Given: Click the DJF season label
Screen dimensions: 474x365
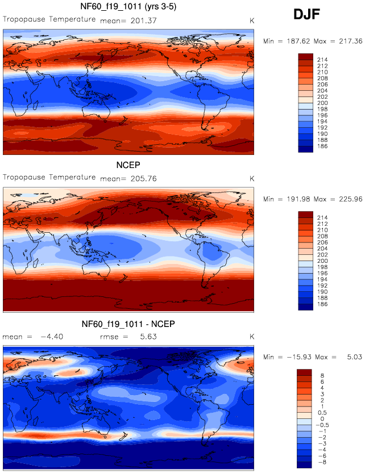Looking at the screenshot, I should click(x=308, y=15).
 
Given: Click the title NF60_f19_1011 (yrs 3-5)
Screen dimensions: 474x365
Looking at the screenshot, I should click(x=129, y=7).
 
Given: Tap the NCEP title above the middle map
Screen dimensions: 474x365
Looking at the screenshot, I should click(x=129, y=166).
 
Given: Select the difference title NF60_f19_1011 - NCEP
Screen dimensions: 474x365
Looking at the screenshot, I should click(x=129, y=324).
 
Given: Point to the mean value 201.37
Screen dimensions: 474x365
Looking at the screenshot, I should click(x=144, y=20).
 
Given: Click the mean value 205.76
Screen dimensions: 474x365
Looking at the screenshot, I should click(x=144, y=178).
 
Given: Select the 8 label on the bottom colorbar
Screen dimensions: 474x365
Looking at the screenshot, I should click(x=322, y=375).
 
